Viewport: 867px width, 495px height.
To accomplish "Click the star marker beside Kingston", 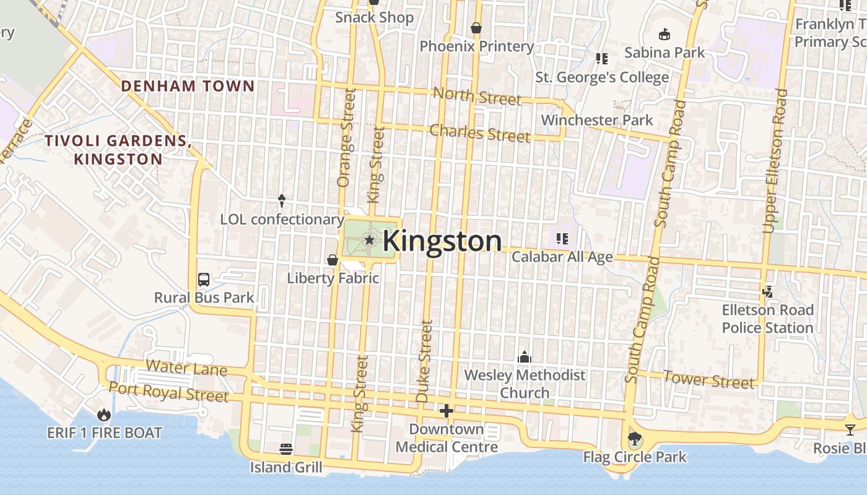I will pos(370,239).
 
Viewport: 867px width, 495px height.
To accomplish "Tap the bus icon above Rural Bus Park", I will pos(204,279).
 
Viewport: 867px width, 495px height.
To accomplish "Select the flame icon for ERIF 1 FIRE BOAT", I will pos(104,415).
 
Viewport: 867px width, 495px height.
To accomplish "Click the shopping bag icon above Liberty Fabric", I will pos(333,260).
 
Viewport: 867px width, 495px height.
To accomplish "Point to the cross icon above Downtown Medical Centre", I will pos(447,411).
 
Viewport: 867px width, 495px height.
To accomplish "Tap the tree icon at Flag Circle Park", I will pos(634,440).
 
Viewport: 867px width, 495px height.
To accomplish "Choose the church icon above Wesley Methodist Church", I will pos(525,357).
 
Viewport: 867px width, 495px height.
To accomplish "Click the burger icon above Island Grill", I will pos(286,448).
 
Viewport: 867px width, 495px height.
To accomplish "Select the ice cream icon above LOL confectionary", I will pos(282,200).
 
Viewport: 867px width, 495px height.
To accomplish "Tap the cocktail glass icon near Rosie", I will pos(850,429).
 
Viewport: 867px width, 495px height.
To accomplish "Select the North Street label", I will pos(477,96).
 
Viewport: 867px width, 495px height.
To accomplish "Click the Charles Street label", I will pos(480,133).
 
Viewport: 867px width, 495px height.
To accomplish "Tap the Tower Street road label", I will pos(709,379).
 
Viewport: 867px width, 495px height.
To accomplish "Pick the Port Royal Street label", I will pos(168,391).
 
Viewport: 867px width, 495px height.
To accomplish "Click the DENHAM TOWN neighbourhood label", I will pos(188,86).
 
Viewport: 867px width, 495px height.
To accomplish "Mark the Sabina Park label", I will pos(664,53).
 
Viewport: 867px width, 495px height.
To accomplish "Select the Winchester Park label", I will pos(597,120).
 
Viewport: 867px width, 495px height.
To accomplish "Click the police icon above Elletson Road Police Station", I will pos(768,291).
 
